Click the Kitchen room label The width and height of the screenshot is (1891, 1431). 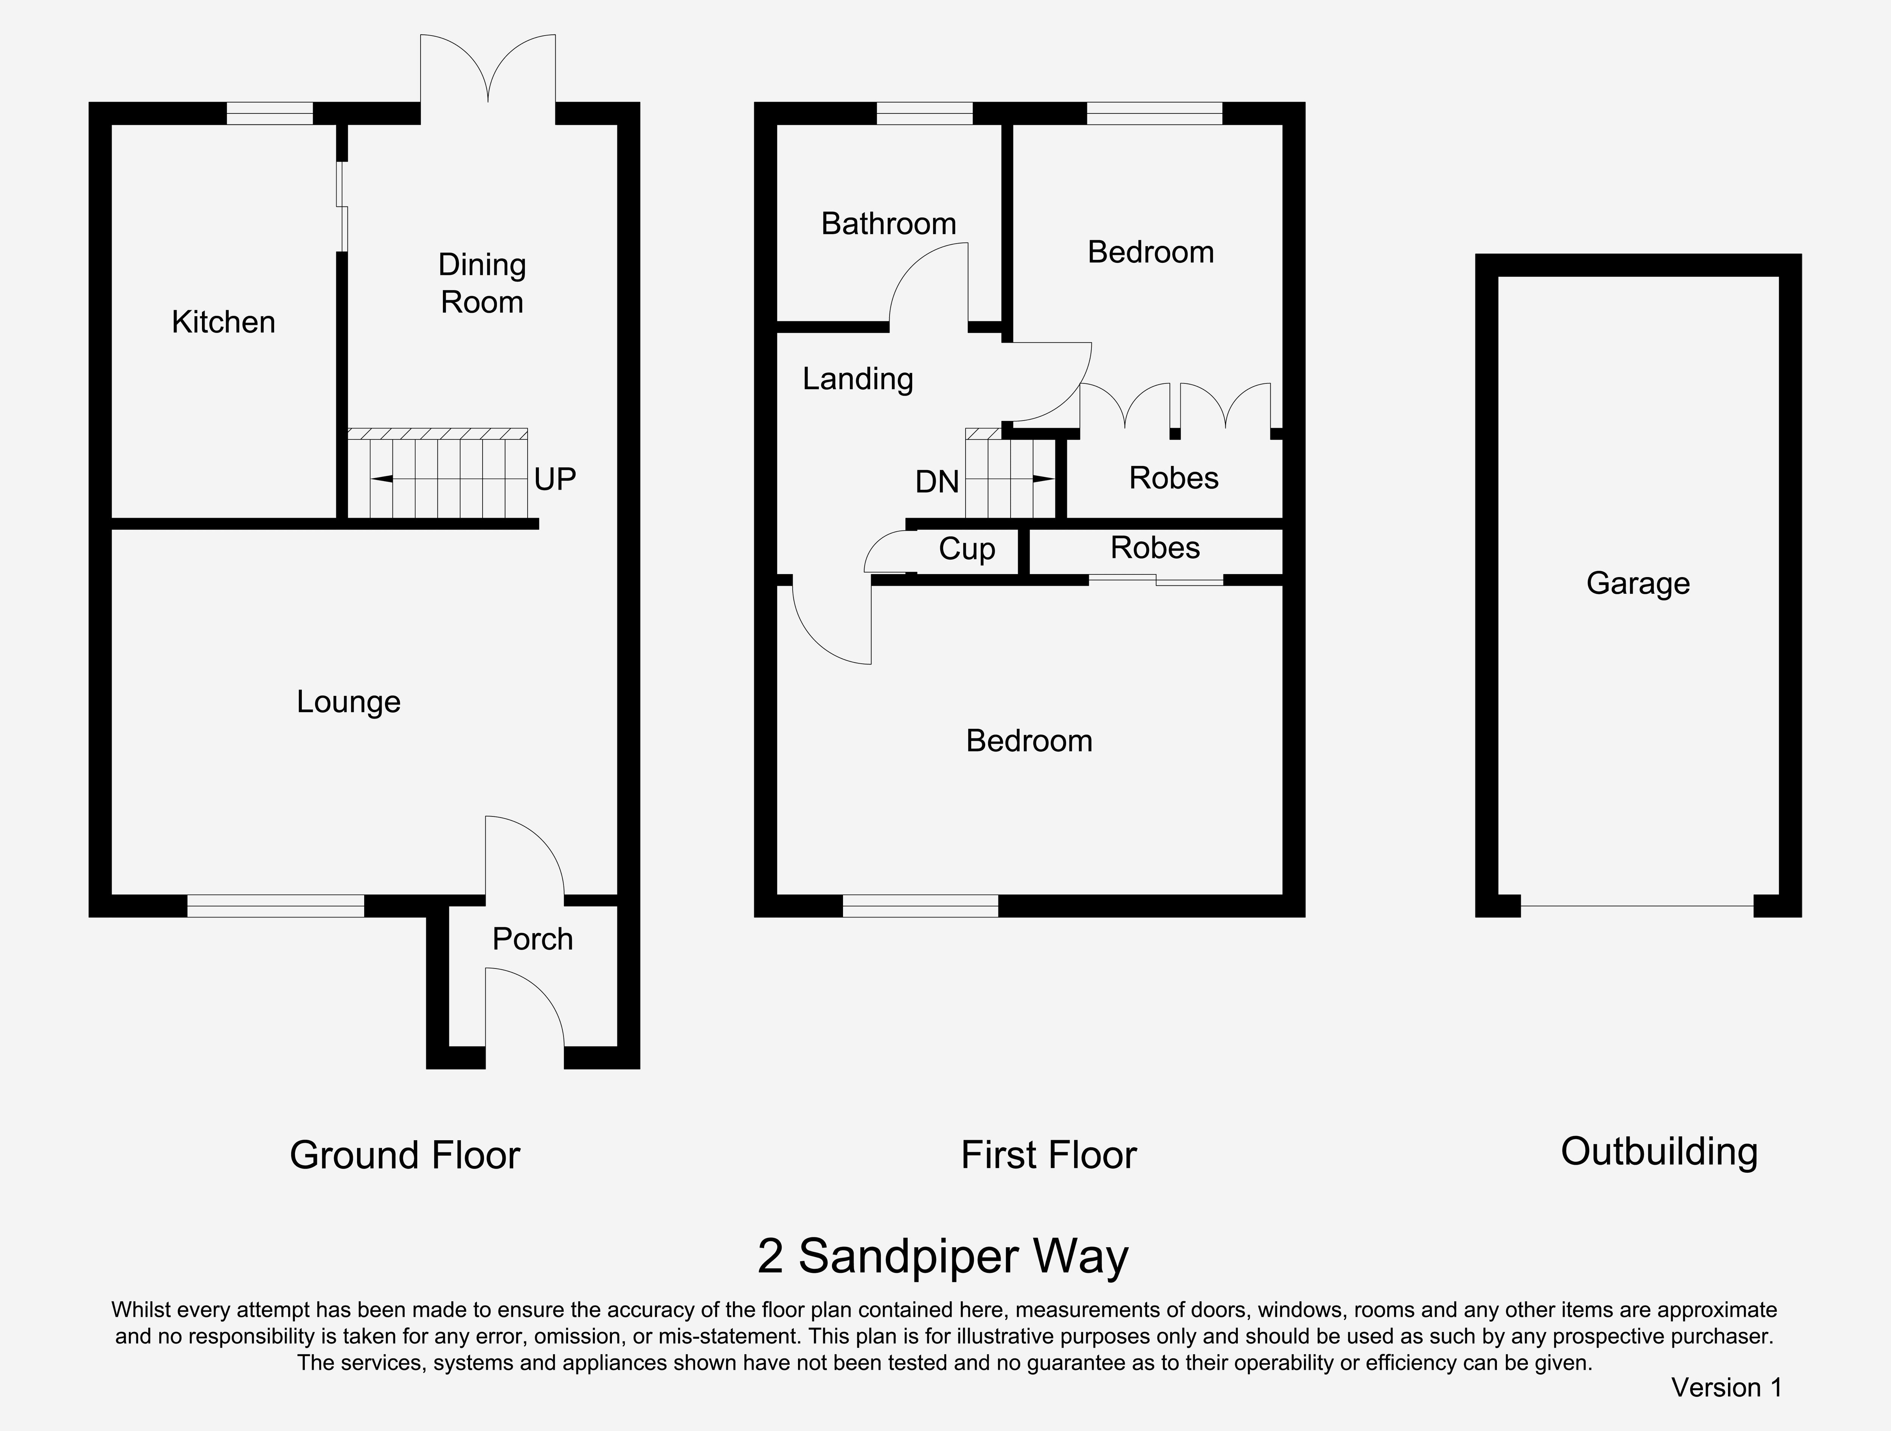coord(223,322)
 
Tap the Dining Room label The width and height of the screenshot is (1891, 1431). coord(482,283)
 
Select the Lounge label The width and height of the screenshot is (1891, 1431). coord(349,702)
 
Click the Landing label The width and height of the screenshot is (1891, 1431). coord(857,379)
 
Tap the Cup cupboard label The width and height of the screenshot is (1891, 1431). coord(967,549)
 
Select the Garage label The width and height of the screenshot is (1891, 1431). coord(1638,583)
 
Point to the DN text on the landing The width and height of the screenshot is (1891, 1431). coord(937,482)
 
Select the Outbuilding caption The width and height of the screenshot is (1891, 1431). coord(1658,1152)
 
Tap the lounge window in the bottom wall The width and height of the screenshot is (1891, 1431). coord(275,906)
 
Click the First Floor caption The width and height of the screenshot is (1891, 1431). coord(1049,1155)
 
